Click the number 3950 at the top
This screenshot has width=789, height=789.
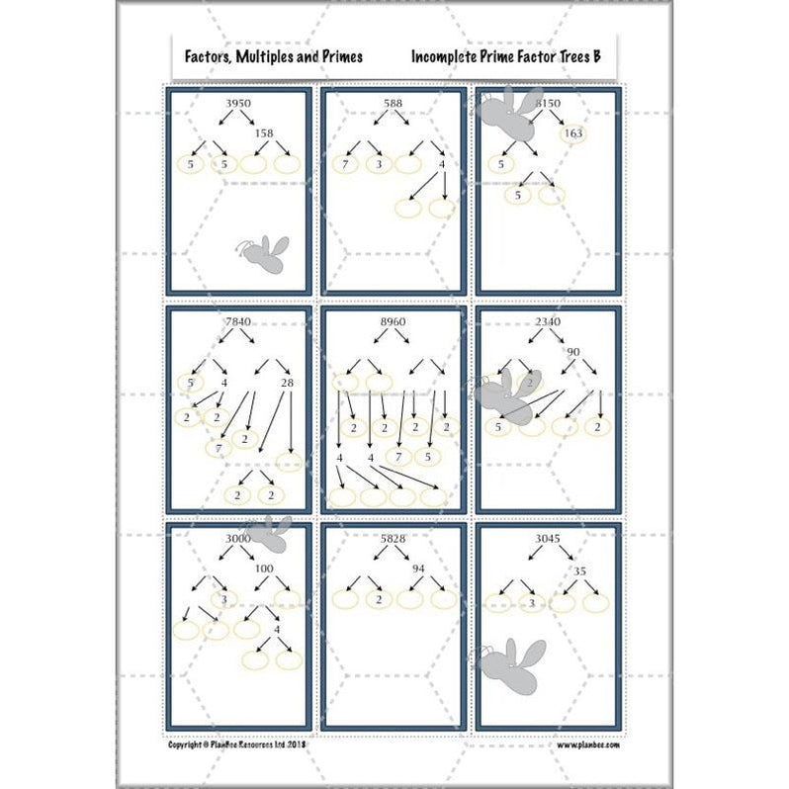pyautogui.click(x=238, y=104)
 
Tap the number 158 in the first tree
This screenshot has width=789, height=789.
pyautogui.click(x=263, y=132)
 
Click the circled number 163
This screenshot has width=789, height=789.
pyautogui.click(x=572, y=133)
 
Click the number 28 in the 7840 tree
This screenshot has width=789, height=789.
pyautogui.click(x=288, y=383)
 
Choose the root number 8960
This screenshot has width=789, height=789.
pyautogui.click(x=393, y=322)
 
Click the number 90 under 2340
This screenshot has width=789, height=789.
pyautogui.click(x=574, y=352)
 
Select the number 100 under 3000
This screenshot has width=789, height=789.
pyautogui.click(x=264, y=569)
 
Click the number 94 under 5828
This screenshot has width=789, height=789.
pyautogui.click(x=419, y=569)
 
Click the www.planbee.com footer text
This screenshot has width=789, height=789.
pyautogui.click(x=587, y=745)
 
